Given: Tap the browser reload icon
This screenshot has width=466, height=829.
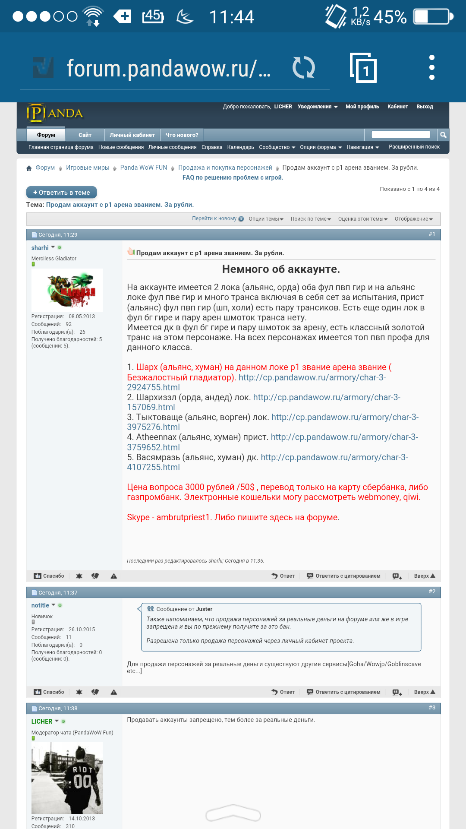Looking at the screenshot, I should coord(304,68).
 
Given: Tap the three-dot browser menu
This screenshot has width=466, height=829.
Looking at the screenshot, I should coord(431,67).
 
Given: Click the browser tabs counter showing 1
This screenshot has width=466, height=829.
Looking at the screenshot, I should coord(363,68).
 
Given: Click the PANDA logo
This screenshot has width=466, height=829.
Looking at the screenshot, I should coord(55,113).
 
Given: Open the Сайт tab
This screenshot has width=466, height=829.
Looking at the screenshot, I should coord(85,135).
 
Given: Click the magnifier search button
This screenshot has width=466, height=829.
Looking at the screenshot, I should coord(443,135).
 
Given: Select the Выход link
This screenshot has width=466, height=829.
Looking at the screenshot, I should coord(425,107).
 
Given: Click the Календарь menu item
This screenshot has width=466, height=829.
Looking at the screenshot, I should coord(240,147).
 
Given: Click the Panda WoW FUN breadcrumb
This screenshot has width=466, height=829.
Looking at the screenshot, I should coord(143,168).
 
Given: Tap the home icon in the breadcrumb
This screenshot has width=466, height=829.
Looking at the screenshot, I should coord(29,168).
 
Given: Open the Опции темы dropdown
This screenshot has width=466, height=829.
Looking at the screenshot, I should coord(266,219).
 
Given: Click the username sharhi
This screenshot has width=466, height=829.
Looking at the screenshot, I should coord(40,248).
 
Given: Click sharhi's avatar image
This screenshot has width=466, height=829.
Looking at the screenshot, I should coord(67,290).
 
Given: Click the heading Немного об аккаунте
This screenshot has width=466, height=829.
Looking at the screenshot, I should coord(281,269).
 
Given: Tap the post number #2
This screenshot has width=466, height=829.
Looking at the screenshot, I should coord(432,592).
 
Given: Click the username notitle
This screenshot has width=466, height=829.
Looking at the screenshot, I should coord(40,605).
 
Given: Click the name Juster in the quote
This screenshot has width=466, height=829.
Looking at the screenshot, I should coord(204,609).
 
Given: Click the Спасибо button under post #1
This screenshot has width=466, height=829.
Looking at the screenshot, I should coord(49,576).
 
